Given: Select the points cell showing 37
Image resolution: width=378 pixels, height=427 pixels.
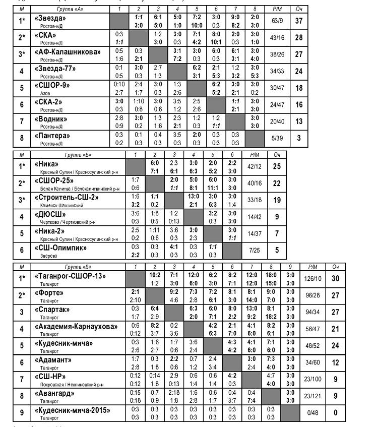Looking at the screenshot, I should point(299,21).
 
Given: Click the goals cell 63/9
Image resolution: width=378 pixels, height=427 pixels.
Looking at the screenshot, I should point(277,21).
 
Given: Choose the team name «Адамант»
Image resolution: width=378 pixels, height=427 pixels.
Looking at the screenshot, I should point(53,360).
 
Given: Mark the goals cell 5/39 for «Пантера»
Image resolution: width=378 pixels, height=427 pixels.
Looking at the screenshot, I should point(277,139).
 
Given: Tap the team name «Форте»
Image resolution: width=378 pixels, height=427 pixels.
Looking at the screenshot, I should point(48,293).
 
